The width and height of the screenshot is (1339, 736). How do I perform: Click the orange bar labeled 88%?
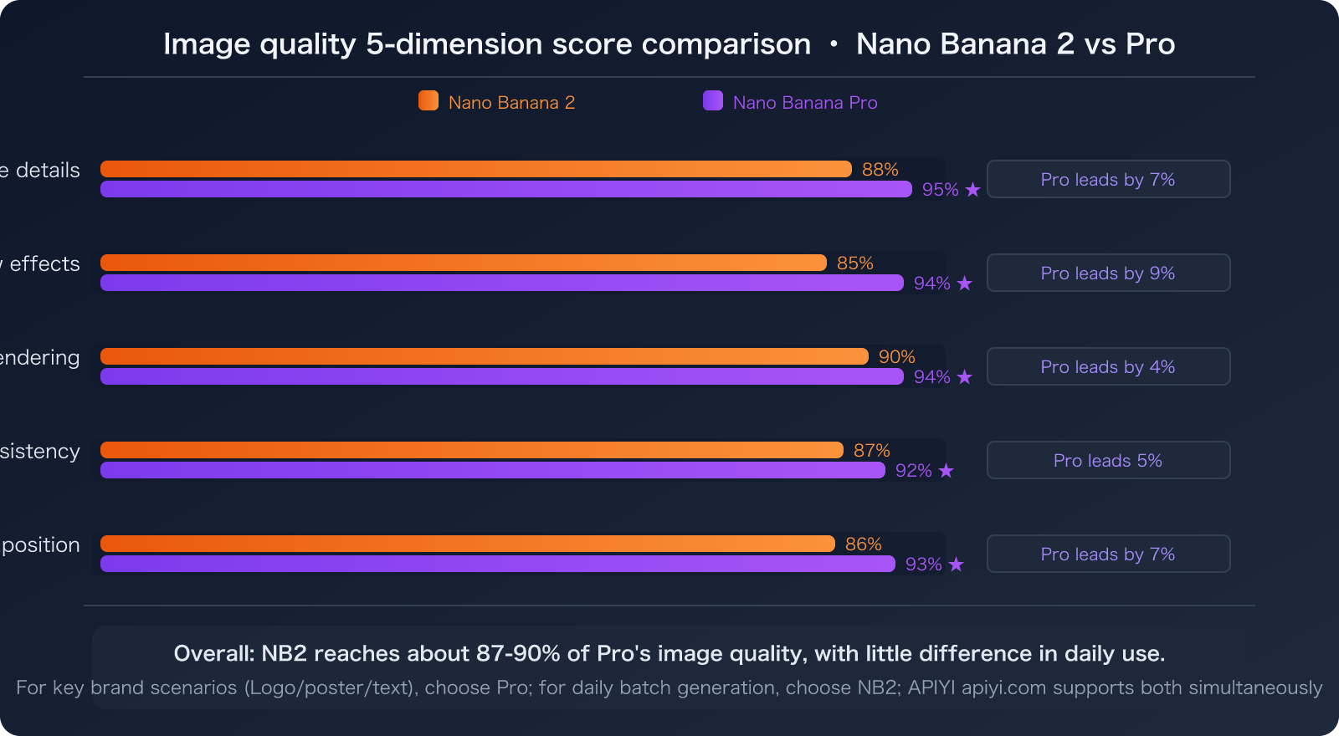pyautogui.click(x=475, y=169)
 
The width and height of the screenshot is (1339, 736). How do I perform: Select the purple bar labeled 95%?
pyautogui.click(x=505, y=190)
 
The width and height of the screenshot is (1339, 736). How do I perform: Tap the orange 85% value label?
pyautogui.click(x=854, y=263)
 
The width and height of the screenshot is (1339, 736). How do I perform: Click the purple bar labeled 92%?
pyautogui.click(x=492, y=471)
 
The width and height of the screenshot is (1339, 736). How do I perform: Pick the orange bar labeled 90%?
pyautogui.click(x=484, y=356)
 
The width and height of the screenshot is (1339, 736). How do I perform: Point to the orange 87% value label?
pyautogui.click(x=871, y=451)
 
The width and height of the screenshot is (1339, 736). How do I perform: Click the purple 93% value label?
pyautogui.click(x=923, y=565)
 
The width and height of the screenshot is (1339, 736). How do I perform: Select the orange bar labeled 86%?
pyautogui.click(x=467, y=544)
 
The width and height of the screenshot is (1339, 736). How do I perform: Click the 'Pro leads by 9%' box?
pyautogui.click(x=1108, y=273)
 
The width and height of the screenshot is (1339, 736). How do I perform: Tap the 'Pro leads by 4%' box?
pyautogui.click(x=1108, y=366)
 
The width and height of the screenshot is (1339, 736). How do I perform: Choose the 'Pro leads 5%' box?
pyautogui.click(x=1108, y=460)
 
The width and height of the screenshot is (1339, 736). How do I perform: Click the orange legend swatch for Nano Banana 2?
pyautogui.click(x=428, y=101)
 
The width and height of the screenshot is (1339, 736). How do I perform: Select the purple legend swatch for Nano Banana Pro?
pyautogui.click(x=713, y=101)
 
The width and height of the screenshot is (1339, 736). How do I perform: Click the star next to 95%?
pyautogui.click(x=972, y=190)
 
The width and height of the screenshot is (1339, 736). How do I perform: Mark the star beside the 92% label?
pyautogui.click(x=946, y=471)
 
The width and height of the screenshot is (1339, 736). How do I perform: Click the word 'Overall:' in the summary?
pyautogui.click(x=213, y=653)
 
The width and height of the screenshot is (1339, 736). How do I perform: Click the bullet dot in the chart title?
pyautogui.click(x=834, y=44)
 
